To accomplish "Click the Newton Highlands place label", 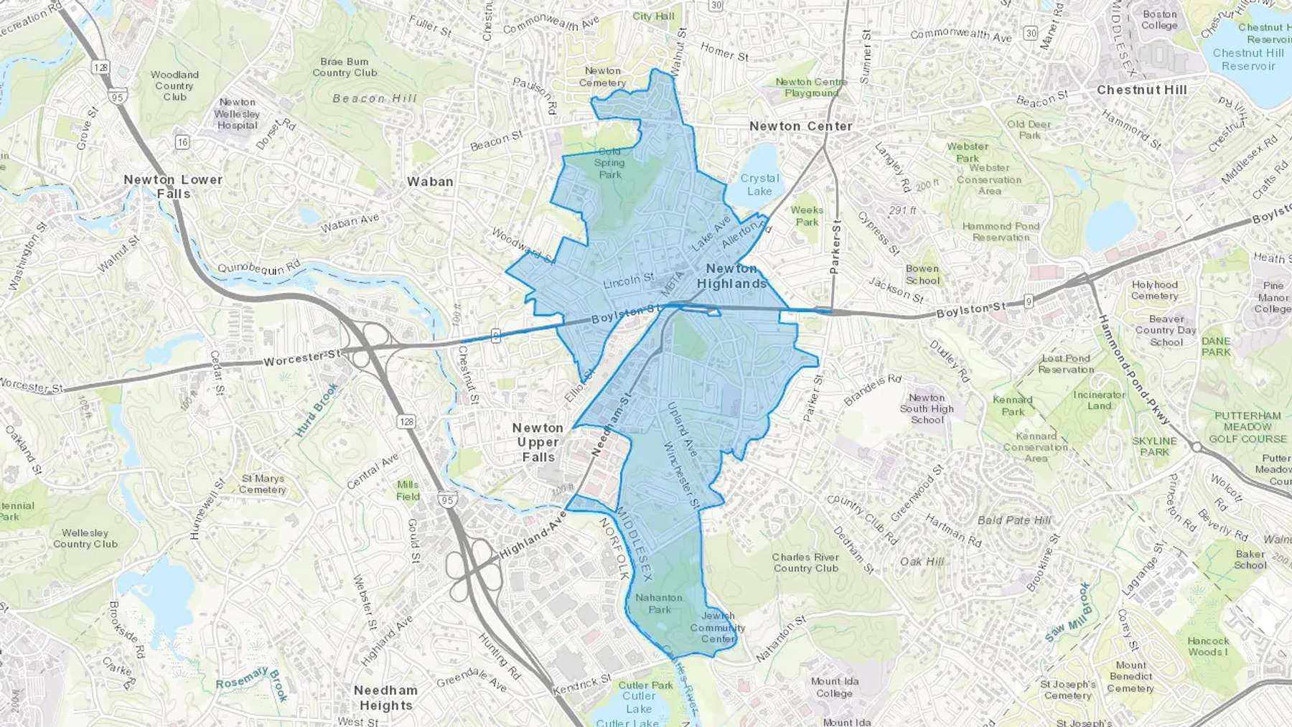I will (x=731, y=276).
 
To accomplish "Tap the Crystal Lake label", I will (x=759, y=184).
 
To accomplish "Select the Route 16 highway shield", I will (x=182, y=142).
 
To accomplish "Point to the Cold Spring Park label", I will (x=609, y=163).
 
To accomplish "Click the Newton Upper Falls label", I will (x=538, y=442).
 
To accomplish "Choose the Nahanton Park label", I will (x=659, y=604).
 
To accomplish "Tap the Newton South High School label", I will (x=927, y=408).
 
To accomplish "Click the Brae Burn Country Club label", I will (x=345, y=67).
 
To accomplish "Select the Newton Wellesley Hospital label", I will (x=238, y=113).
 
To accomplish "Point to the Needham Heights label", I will (x=385, y=698).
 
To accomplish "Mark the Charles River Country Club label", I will (x=805, y=563).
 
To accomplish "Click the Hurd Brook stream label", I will (x=317, y=411).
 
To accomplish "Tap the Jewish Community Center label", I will (x=718, y=627).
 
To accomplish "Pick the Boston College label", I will (x=1160, y=19).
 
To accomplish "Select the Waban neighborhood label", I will (x=430, y=182).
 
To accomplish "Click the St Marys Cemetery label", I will (x=263, y=484).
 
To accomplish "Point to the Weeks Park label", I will (x=807, y=216).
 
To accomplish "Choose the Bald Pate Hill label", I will (x=1014, y=520).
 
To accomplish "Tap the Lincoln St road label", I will (x=628, y=281).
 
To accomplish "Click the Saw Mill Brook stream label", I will (x=1067, y=612).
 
